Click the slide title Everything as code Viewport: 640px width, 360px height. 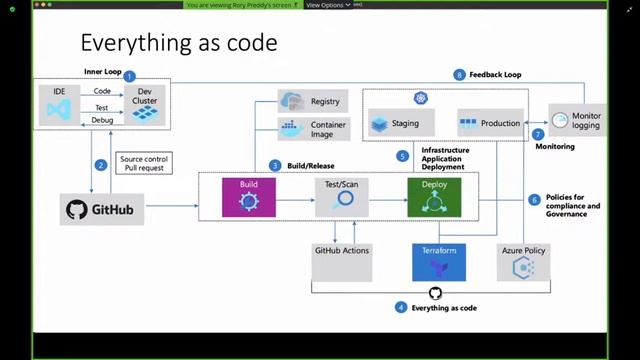(x=179, y=43)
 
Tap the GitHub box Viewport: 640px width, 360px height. (x=102, y=209)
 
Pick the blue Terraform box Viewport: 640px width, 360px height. (x=439, y=261)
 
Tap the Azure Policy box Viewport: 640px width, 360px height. (x=524, y=261)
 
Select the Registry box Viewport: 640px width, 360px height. (x=312, y=101)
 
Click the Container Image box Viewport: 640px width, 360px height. (x=312, y=129)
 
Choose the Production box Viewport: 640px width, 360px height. (x=490, y=124)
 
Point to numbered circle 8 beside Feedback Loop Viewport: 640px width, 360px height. (x=460, y=75)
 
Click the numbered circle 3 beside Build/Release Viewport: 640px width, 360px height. (x=275, y=165)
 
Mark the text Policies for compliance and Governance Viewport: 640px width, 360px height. (x=572, y=205)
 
